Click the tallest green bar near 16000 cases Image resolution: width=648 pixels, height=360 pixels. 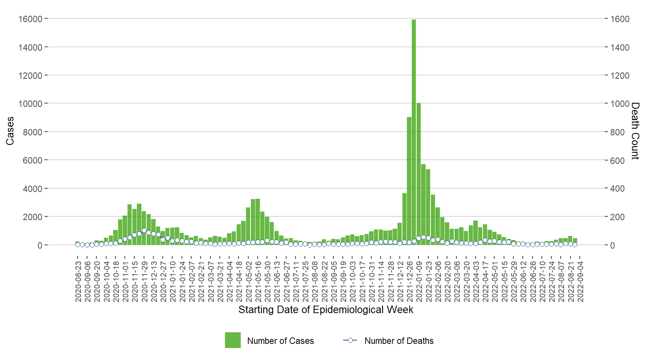pos(414,131)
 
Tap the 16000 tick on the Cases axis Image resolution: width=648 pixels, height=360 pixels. pos(30,19)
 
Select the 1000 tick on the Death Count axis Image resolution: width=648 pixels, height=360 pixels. pos(620,103)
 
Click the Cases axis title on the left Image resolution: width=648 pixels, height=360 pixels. pos(10,131)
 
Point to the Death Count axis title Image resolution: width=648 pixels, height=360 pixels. pos(635,131)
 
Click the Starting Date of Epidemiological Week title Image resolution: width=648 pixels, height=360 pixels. pos(325,310)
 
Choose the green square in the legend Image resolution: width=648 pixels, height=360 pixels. pos(232,340)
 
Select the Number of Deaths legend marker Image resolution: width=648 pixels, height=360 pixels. pos(350,340)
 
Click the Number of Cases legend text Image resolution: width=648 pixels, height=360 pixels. pos(280,341)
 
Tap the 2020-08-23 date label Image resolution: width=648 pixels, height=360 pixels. pos(78,282)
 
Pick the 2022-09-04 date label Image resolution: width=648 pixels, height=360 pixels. pos(580,282)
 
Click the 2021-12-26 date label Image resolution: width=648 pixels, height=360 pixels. pos(410,282)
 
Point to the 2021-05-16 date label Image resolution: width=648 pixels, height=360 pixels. pos(258,282)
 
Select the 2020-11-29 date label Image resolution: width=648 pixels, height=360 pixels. pos(144,282)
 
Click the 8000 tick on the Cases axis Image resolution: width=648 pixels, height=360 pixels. pos(33,132)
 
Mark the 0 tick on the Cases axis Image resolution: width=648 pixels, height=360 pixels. pos(39,245)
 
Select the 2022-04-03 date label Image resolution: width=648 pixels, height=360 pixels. pos(476,282)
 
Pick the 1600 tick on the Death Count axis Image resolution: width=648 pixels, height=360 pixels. pos(620,19)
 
